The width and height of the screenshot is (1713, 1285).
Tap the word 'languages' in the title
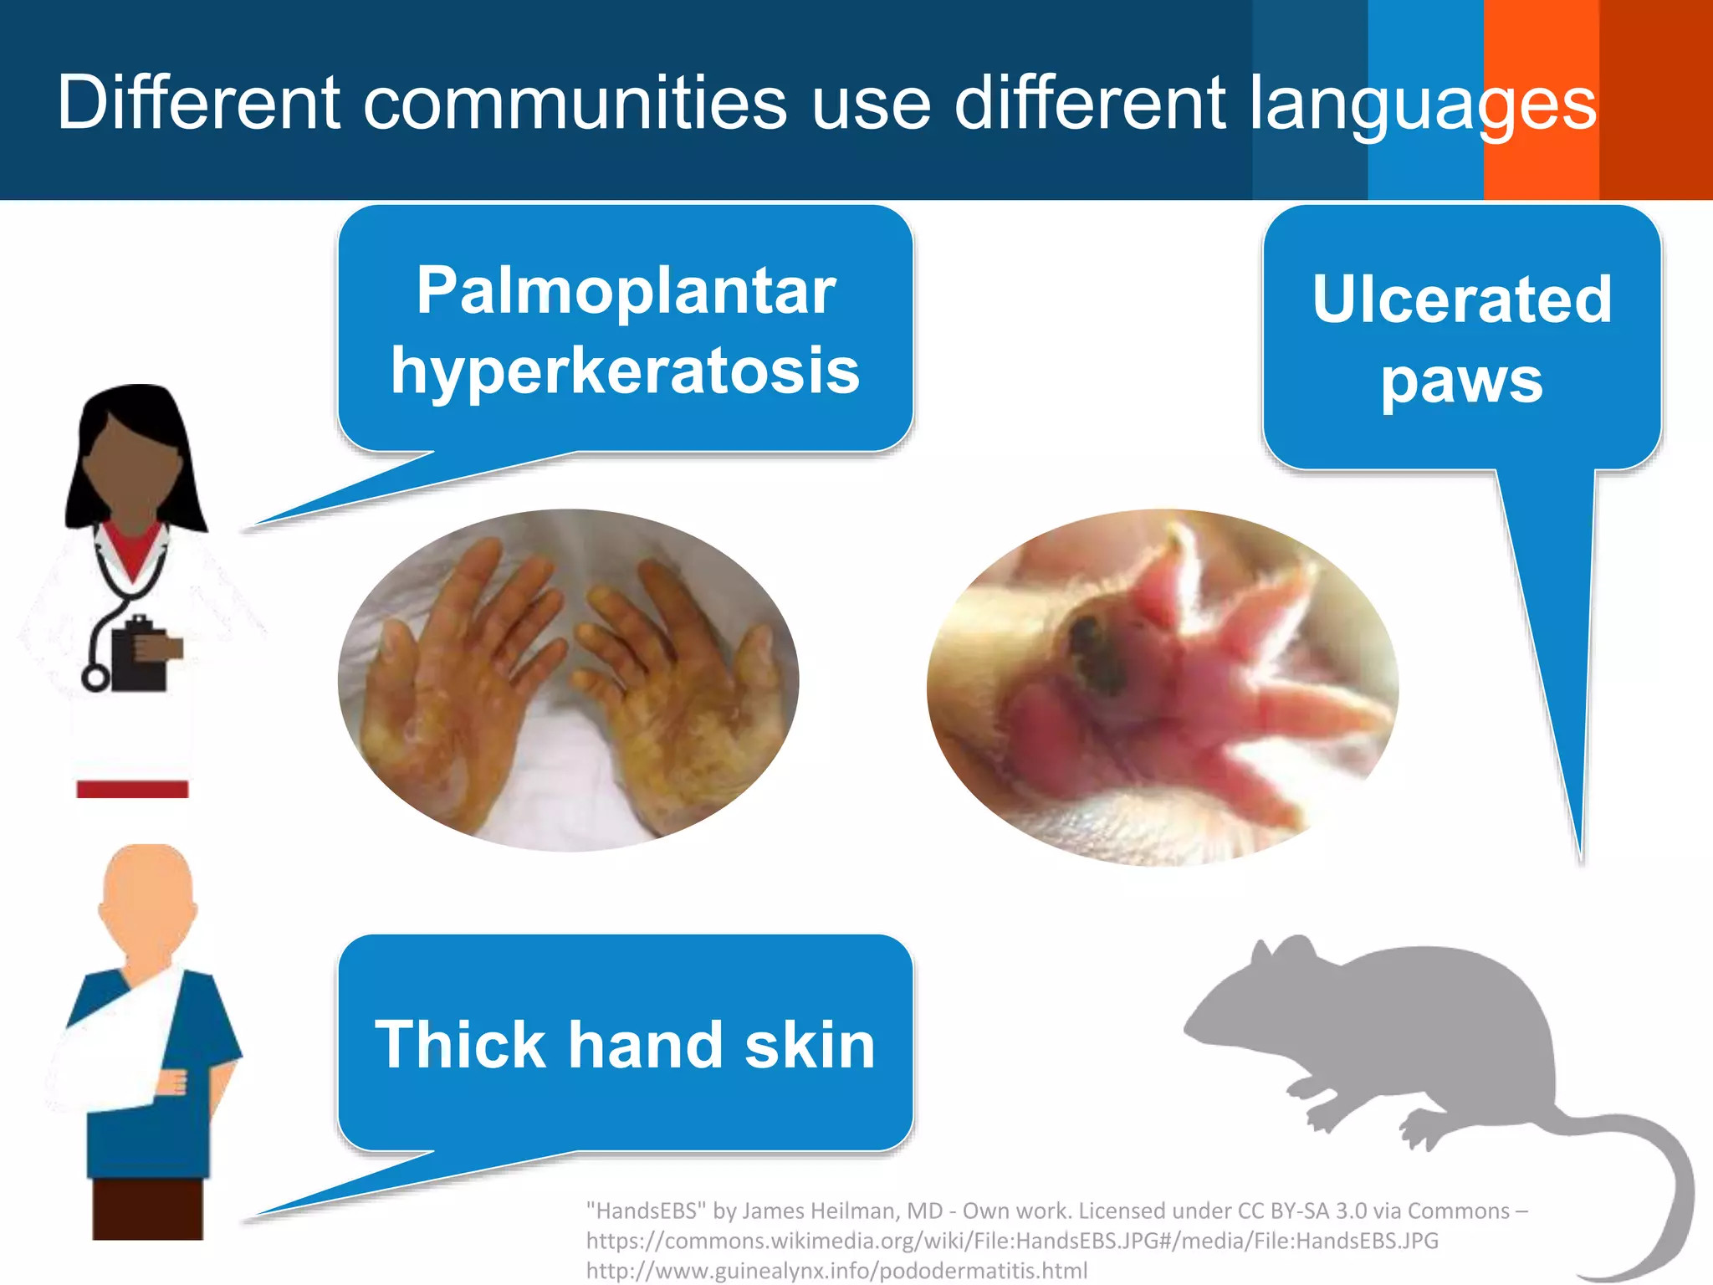click(x=1422, y=104)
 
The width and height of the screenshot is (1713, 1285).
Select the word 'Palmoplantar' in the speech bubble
click(x=626, y=291)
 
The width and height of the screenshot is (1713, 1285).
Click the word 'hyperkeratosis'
click(x=626, y=371)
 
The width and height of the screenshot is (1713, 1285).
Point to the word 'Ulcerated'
click(x=1461, y=299)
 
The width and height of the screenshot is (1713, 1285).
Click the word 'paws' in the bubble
click(x=1461, y=381)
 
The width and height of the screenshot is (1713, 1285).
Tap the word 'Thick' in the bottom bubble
click(x=460, y=1045)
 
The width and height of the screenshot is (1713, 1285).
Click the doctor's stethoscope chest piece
click(x=95, y=678)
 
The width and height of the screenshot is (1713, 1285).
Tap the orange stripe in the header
click(x=1541, y=100)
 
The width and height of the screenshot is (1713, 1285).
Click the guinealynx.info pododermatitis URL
click(x=836, y=1271)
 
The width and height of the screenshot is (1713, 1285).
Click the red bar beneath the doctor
click(x=132, y=789)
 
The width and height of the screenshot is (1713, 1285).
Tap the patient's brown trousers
click(x=147, y=1208)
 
